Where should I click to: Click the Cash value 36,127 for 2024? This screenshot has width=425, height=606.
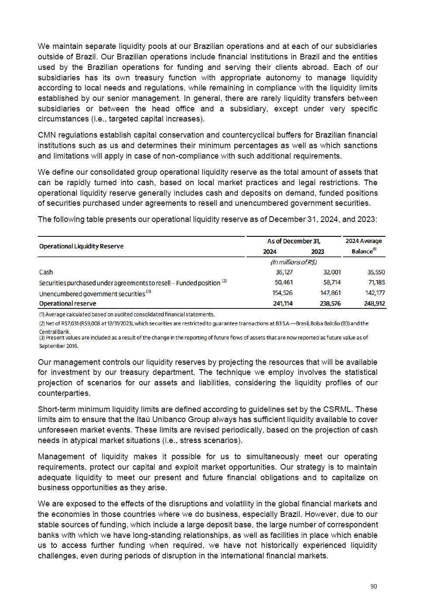click(284, 272)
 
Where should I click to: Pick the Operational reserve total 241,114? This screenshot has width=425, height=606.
click(283, 303)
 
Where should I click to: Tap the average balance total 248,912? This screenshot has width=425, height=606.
click(374, 303)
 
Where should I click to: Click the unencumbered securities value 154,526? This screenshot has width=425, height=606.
click(283, 293)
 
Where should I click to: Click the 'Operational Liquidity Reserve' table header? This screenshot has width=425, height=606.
click(81, 246)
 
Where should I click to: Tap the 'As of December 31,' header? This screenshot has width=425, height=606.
click(294, 241)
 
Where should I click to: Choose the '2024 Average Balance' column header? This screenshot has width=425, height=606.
click(363, 246)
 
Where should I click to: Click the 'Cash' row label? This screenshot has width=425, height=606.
click(46, 272)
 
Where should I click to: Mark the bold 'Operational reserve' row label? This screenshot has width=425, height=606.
click(68, 303)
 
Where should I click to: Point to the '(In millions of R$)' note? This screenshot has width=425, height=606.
click(294, 262)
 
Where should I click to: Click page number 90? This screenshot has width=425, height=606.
click(374, 587)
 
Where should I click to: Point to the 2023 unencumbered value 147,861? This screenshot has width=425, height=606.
click(330, 293)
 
